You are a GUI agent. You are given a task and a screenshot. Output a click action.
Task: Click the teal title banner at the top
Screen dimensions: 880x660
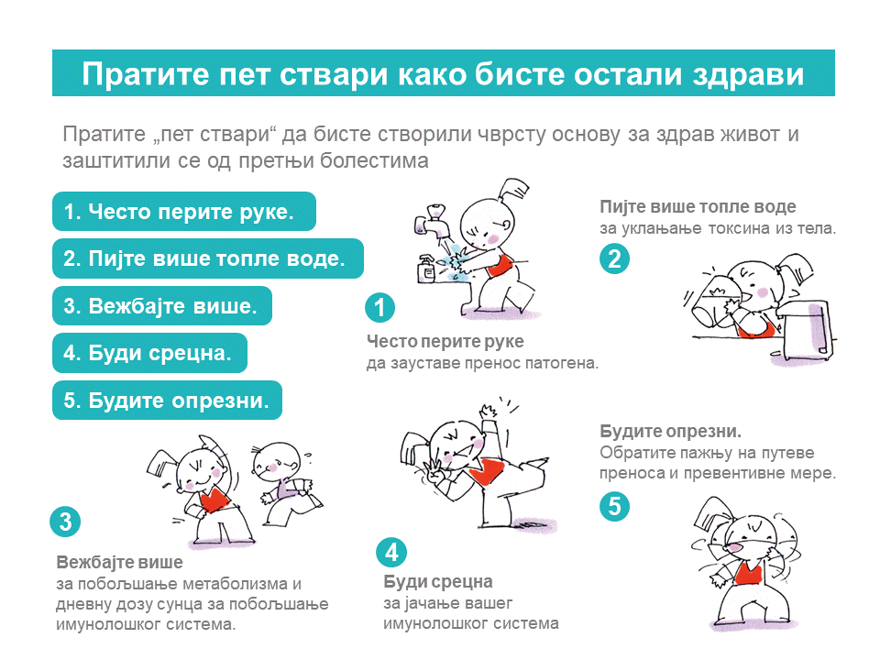coord(444,73)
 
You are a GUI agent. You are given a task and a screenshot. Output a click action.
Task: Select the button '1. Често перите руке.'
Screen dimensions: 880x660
coord(184,212)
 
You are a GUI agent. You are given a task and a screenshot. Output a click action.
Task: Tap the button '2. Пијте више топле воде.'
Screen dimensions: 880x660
coord(208,258)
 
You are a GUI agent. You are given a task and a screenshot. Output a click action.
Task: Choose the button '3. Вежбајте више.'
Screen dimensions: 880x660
coord(162,306)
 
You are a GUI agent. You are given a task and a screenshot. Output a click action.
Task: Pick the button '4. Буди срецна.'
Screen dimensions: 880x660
coord(149,353)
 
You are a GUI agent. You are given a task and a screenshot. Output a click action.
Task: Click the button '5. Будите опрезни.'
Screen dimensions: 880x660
coord(167,401)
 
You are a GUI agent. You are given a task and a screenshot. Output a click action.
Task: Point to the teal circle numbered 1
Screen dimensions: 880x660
coord(379,308)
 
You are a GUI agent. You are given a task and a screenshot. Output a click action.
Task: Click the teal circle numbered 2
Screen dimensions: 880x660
coord(614,258)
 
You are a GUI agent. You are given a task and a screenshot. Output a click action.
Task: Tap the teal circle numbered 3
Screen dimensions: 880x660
coord(65,522)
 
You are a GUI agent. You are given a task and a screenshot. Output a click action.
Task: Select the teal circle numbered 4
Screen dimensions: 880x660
coord(391,552)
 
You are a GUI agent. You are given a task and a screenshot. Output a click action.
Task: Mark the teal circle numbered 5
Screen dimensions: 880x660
coord(614,506)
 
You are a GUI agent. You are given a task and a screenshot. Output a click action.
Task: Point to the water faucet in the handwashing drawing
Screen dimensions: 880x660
coord(432,222)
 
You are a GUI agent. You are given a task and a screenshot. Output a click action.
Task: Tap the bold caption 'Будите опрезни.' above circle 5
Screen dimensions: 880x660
coord(671,431)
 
